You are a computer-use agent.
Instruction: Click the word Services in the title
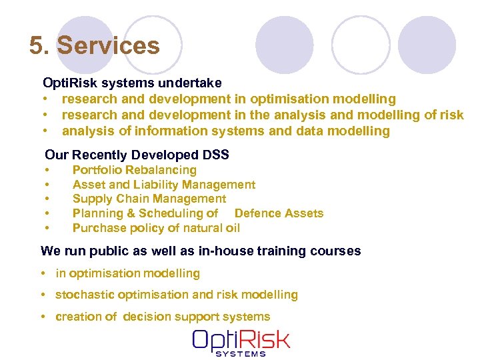(x=109, y=46)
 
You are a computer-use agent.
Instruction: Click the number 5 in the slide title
(x=37, y=46)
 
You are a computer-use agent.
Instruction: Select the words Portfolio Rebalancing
(x=134, y=170)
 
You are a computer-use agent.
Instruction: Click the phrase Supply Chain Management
(x=149, y=199)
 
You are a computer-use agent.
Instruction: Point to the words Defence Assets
(x=279, y=213)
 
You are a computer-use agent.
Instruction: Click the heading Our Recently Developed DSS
(x=137, y=155)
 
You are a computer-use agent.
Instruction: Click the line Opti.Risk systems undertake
(x=132, y=83)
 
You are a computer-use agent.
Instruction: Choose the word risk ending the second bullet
(x=451, y=115)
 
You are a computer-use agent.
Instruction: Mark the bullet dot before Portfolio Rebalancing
(x=48, y=171)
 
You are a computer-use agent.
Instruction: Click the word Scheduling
(x=171, y=213)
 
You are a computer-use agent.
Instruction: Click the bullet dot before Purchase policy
(x=48, y=229)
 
